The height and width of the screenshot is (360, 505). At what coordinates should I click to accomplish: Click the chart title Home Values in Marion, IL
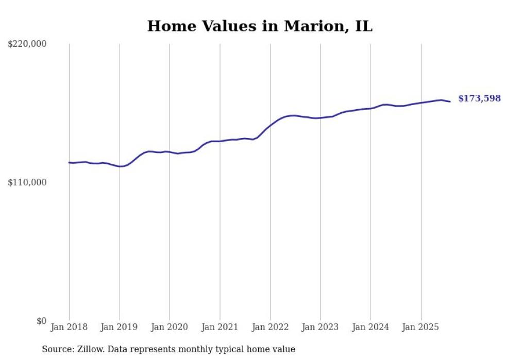point(259,26)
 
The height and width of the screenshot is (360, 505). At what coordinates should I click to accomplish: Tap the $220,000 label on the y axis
point(27,44)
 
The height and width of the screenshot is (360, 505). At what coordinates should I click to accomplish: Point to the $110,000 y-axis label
point(27,182)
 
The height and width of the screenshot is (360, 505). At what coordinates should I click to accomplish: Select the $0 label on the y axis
point(41,321)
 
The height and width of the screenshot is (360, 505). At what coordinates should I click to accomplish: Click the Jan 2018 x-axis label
point(69,327)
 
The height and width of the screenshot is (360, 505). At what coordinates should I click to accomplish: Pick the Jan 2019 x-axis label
point(120,327)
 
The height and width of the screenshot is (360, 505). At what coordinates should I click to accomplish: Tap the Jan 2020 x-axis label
point(170,327)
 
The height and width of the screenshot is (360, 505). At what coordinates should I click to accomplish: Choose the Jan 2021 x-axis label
point(220,327)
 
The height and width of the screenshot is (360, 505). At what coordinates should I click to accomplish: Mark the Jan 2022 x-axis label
point(270,327)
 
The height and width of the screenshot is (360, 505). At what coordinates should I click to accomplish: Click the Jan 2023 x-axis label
point(321,327)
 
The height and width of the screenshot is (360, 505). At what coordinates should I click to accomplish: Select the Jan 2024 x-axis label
point(371,327)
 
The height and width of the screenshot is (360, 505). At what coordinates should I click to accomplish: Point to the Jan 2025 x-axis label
point(421,327)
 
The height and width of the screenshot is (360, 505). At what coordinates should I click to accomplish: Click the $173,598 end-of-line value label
point(479,98)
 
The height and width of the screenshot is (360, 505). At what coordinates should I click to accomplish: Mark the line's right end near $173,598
point(450,101)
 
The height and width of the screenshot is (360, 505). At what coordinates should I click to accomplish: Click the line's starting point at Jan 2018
point(69,163)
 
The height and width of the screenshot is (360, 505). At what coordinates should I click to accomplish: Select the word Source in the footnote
point(57,349)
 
